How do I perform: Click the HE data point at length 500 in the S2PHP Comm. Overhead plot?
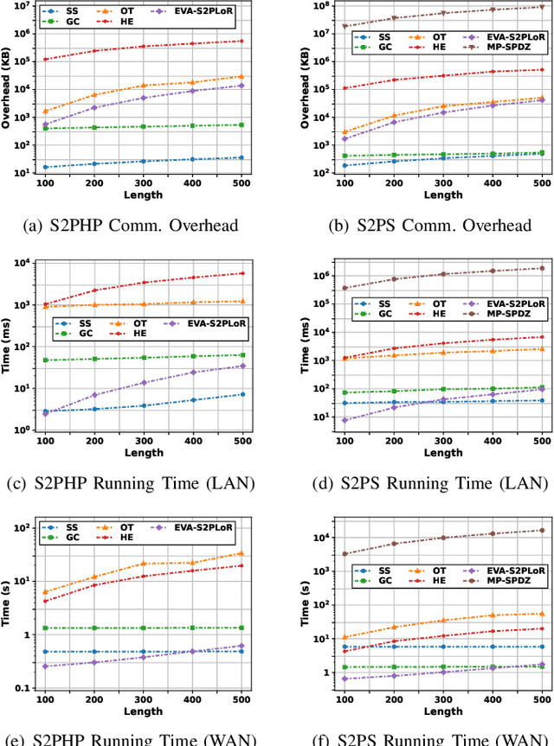[242, 41]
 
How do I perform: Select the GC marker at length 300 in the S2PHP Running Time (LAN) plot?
[143, 357]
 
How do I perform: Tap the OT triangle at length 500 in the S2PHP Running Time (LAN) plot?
[242, 302]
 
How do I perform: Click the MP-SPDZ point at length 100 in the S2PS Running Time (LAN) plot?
[344, 288]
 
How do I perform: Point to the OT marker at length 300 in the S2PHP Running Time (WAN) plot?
[143, 564]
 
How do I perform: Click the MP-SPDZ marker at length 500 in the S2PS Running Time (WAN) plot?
[542, 530]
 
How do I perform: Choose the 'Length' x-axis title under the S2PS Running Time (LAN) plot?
[443, 453]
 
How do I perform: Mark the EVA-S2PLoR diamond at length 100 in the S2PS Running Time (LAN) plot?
[344, 420]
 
